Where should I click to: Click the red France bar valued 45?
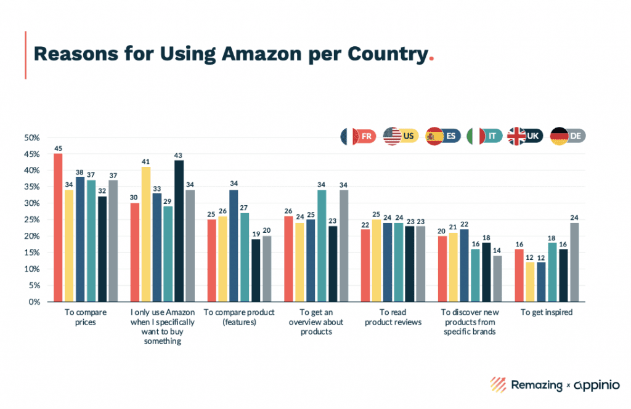[x=58, y=228]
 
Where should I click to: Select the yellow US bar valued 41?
[x=145, y=235]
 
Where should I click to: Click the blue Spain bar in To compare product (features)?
[x=234, y=246]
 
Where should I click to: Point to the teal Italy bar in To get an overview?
[x=321, y=246]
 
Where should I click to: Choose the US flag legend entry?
[x=401, y=136]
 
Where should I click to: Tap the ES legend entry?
[x=442, y=136]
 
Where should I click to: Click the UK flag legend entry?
[x=525, y=136]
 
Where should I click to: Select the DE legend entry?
[x=568, y=136]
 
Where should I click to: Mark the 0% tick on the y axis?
[x=34, y=302]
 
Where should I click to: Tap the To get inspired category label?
[x=547, y=313]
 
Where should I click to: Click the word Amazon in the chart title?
[x=254, y=54]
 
